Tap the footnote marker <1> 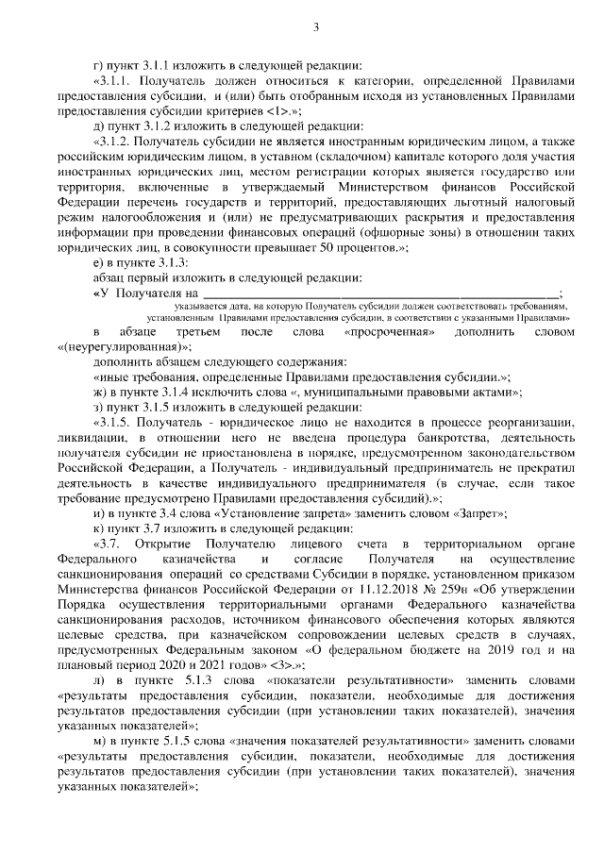click(281, 109)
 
